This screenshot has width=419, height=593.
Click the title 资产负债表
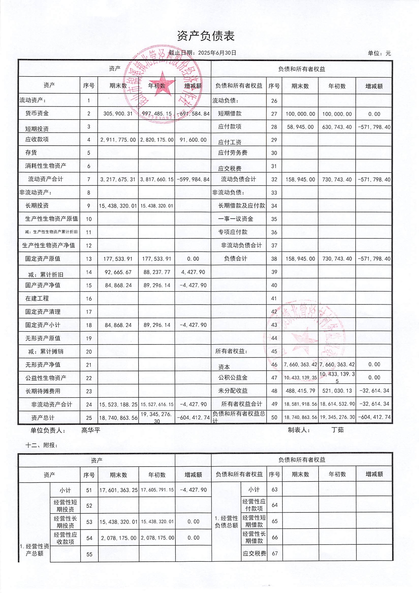[206, 36]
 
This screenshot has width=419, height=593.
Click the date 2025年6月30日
[217, 53]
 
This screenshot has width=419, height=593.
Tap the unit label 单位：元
[379, 54]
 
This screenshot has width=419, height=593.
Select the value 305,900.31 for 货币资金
[118, 114]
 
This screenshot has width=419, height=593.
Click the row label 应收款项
[37, 139]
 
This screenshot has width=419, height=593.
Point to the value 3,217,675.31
[118, 179]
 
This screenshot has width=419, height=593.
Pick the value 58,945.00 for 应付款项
[300, 127]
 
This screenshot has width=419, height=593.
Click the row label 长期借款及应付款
[242, 206]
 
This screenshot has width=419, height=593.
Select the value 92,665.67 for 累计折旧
[118, 272]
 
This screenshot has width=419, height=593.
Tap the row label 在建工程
[37, 298]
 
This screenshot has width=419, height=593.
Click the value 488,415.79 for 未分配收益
[300, 391]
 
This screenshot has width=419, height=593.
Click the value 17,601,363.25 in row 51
[118, 490]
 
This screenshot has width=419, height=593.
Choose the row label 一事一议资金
[236, 219]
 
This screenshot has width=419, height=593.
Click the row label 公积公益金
[233, 378]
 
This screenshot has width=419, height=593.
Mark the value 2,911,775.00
[118, 140]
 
